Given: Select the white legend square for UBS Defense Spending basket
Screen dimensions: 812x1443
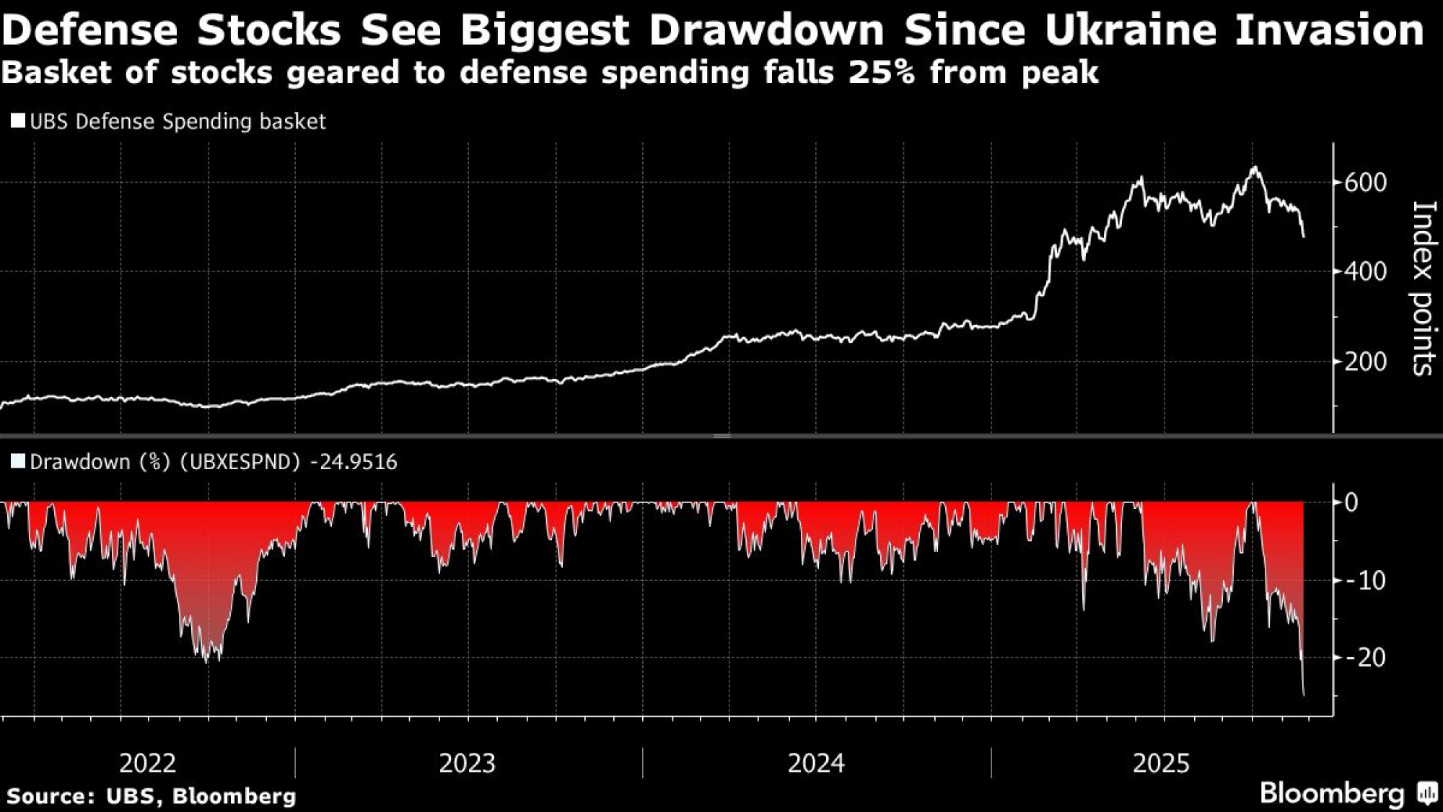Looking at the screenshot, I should tap(18, 121).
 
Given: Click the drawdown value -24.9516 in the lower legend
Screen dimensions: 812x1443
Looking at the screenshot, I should tap(353, 462).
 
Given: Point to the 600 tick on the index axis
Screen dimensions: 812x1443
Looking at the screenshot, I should tap(1365, 183).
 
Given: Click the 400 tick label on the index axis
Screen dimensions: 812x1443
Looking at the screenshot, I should tap(1365, 272).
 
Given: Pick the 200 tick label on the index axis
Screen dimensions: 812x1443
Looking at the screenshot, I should tap(1365, 362).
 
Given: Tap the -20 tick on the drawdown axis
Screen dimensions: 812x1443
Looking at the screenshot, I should tap(1365, 658).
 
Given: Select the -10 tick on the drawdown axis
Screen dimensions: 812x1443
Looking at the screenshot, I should tap(1365, 580).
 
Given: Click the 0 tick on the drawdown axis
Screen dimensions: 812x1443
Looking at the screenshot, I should tap(1351, 502).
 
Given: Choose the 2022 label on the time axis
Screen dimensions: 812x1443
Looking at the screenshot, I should tap(147, 763).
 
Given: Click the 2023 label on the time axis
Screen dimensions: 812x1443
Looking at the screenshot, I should tap(468, 763).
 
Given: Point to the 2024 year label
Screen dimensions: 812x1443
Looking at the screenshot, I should tap(816, 763).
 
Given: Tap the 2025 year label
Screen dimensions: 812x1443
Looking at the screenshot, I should tap(1161, 763).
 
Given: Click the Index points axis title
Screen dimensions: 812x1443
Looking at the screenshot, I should tap(1422, 288).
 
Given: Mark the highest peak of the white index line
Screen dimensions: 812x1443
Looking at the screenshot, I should tap(1255, 168).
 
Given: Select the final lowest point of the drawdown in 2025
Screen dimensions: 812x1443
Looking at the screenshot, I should tap(1304, 695).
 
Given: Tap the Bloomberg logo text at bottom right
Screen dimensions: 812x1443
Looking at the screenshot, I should tap(1332, 793).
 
